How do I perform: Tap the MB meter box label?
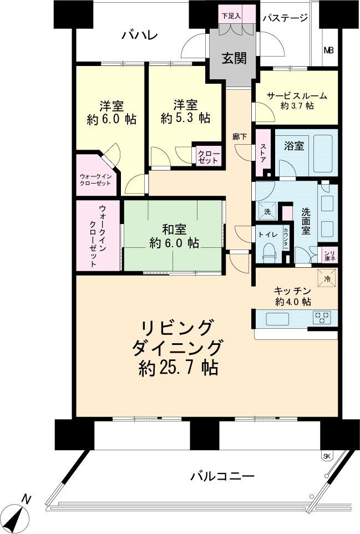(x=329, y=50)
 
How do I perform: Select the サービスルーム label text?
(x=297, y=95)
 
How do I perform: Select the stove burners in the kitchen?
(x=322, y=318)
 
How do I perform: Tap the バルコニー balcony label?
(x=222, y=476)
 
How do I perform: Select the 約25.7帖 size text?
(x=178, y=367)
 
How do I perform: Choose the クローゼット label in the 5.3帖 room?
(x=209, y=156)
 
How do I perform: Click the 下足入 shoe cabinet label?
(x=231, y=16)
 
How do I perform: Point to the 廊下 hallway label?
(x=240, y=136)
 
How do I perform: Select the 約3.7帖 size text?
(x=297, y=106)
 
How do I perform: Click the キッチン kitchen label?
(x=292, y=290)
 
